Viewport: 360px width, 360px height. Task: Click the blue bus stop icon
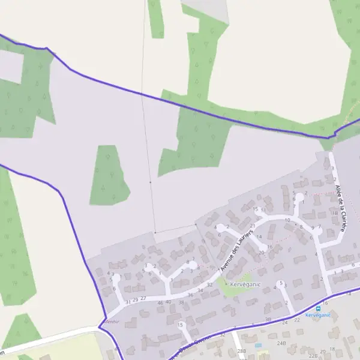coord(318,308)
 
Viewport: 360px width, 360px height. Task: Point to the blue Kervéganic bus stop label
coord(317,315)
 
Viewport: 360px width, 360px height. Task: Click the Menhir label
coord(112,322)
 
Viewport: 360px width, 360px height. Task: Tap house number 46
coord(160,303)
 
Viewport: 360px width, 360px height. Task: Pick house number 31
coord(127,301)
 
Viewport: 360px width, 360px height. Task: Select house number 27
coord(143,298)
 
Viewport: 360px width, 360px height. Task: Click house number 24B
coord(281,344)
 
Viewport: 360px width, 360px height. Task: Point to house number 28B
coord(242,350)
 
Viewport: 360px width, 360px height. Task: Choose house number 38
coord(181,302)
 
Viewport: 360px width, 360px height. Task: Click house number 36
coord(190,295)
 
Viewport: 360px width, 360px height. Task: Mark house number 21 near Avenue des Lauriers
coord(253,226)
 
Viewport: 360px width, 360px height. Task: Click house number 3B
coord(268,319)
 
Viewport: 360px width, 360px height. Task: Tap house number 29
coord(136,299)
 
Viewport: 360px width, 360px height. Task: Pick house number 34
coord(200,290)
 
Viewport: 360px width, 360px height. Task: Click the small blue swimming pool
coord(258,346)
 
